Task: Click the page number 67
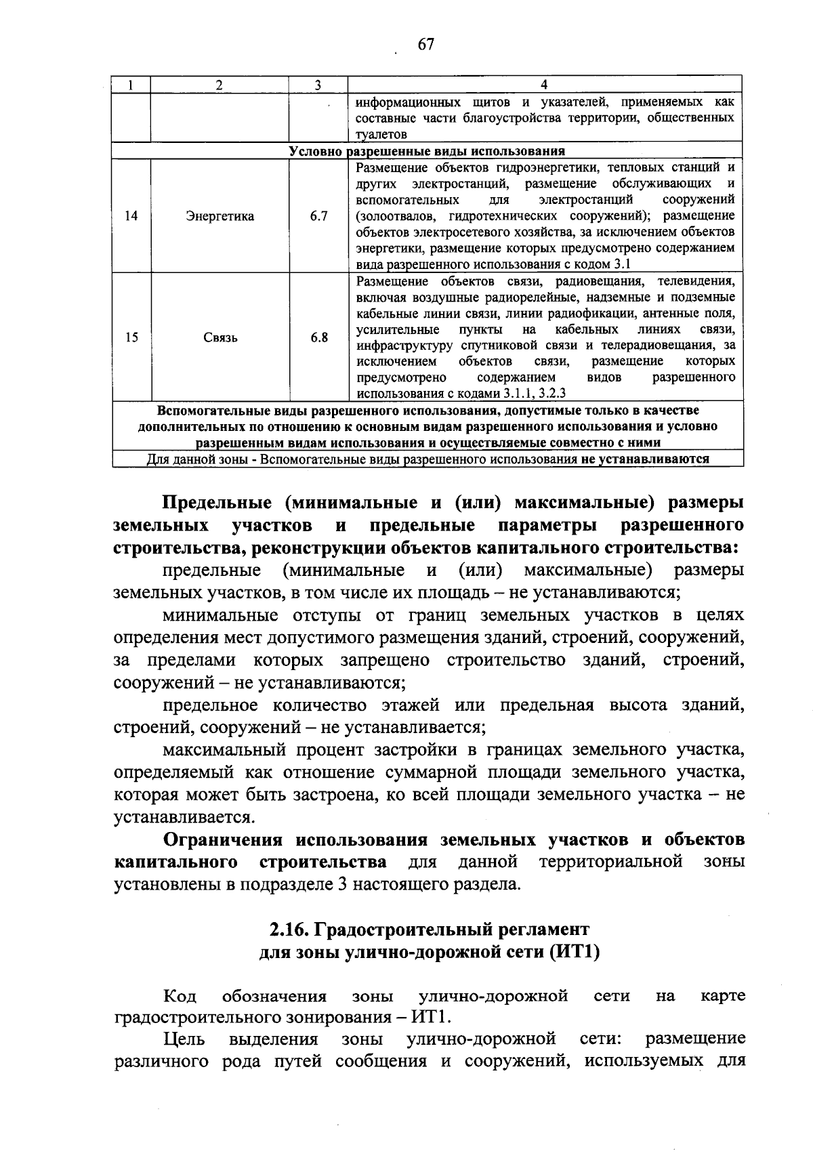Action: [x=425, y=45]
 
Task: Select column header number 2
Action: [x=218, y=85]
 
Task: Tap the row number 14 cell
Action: [x=131, y=216]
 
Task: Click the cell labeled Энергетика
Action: [x=220, y=216]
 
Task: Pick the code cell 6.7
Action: [x=318, y=216]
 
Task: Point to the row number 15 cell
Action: [x=131, y=337]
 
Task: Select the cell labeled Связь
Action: [x=220, y=337]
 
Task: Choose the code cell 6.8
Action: [x=318, y=337]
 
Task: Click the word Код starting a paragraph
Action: [x=180, y=996]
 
